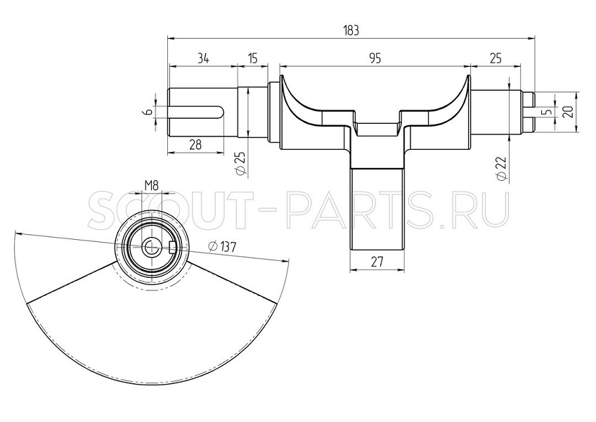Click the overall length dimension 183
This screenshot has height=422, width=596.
351,30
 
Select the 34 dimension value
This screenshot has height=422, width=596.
203,58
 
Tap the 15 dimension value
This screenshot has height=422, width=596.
253,58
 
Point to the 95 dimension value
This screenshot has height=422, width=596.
375,58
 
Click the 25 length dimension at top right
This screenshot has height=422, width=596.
495,58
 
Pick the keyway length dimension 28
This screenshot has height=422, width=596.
195,145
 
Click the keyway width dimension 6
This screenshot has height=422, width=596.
149,112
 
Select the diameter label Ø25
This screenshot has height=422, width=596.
241,164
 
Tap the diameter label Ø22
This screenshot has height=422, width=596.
502,168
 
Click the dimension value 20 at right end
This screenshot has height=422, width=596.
569,112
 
